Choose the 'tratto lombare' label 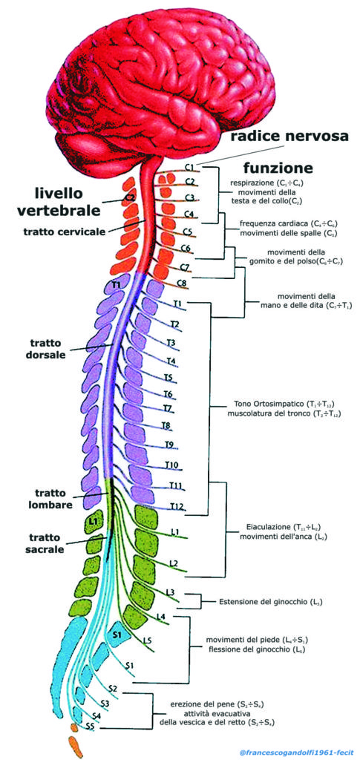45,498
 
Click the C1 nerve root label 189,167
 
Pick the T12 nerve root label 177,506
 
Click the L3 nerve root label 171,592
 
